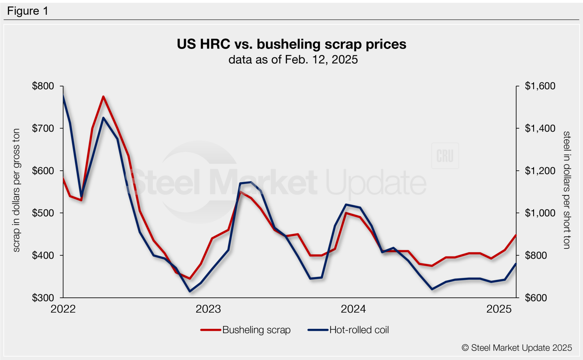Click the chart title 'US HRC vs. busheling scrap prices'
pos(291,44)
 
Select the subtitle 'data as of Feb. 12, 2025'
pos(293,60)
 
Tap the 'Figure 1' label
pos(28,11)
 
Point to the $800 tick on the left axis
pos(43,86)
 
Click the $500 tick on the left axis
pos(43,213)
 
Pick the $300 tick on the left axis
pos(43,298)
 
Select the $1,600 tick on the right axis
pos(540,86)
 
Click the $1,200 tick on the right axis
pos(540,171)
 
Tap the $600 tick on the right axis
pos(536,298)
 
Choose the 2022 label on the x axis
pos(63,309)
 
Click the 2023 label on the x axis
pos(208,309)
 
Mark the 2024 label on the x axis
pos(353,309)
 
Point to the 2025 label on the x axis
pos(499,309)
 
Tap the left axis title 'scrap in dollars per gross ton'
pos(16,190)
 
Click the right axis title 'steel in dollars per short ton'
pos(566,190)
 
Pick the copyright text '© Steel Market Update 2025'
pos(517,348)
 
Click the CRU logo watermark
pos(445,156)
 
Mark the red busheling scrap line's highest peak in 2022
pos(103,96)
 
